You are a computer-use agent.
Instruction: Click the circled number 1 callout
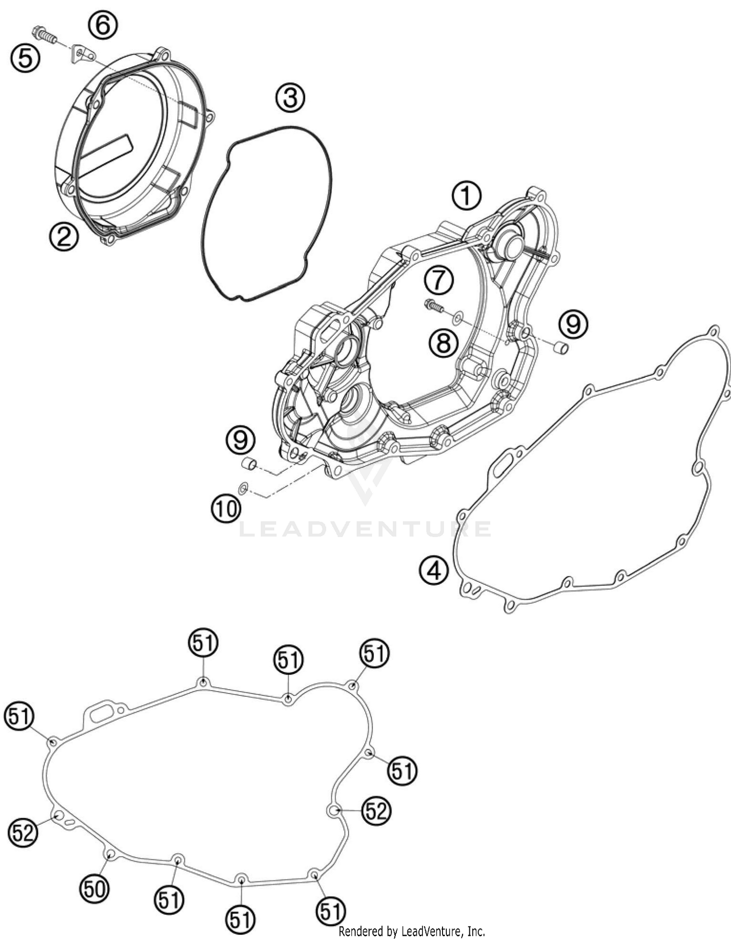point(466,196)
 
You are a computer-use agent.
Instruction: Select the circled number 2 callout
point(64,236)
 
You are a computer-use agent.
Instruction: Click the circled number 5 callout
point(25,58)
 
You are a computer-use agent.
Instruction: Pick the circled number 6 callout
point(103,25)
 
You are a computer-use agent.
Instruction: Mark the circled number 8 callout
point(443,343)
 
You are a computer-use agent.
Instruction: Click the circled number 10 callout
point(226,509)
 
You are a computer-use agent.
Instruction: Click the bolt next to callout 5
point(44,35)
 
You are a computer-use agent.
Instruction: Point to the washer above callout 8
point(457,319)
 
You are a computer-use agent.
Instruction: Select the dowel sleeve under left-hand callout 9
point(250,463)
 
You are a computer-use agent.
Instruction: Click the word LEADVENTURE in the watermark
point(365,529)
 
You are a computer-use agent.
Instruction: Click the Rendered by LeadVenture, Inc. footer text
point(412,932)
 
